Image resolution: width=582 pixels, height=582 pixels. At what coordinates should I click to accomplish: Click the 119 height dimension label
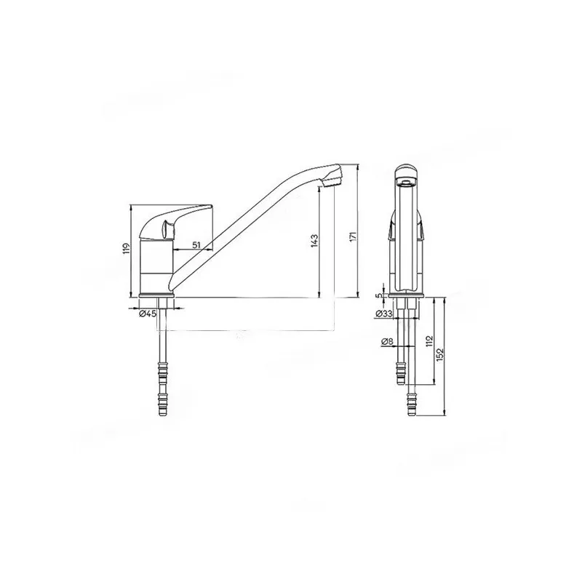(x=126, y=250)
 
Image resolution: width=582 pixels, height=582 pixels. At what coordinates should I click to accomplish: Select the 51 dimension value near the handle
(x=196, y=245)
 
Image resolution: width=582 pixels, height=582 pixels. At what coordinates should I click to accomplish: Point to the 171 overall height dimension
(x=354, y=236)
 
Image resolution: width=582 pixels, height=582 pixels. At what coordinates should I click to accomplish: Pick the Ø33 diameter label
(x=385, y=314)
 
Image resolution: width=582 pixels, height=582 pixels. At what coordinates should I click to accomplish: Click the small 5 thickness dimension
(x=378, y=296)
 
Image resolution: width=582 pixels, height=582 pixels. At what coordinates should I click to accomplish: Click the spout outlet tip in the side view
(x=332, y=178)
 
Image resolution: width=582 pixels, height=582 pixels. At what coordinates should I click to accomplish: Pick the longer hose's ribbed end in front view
(x=413, y=403)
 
